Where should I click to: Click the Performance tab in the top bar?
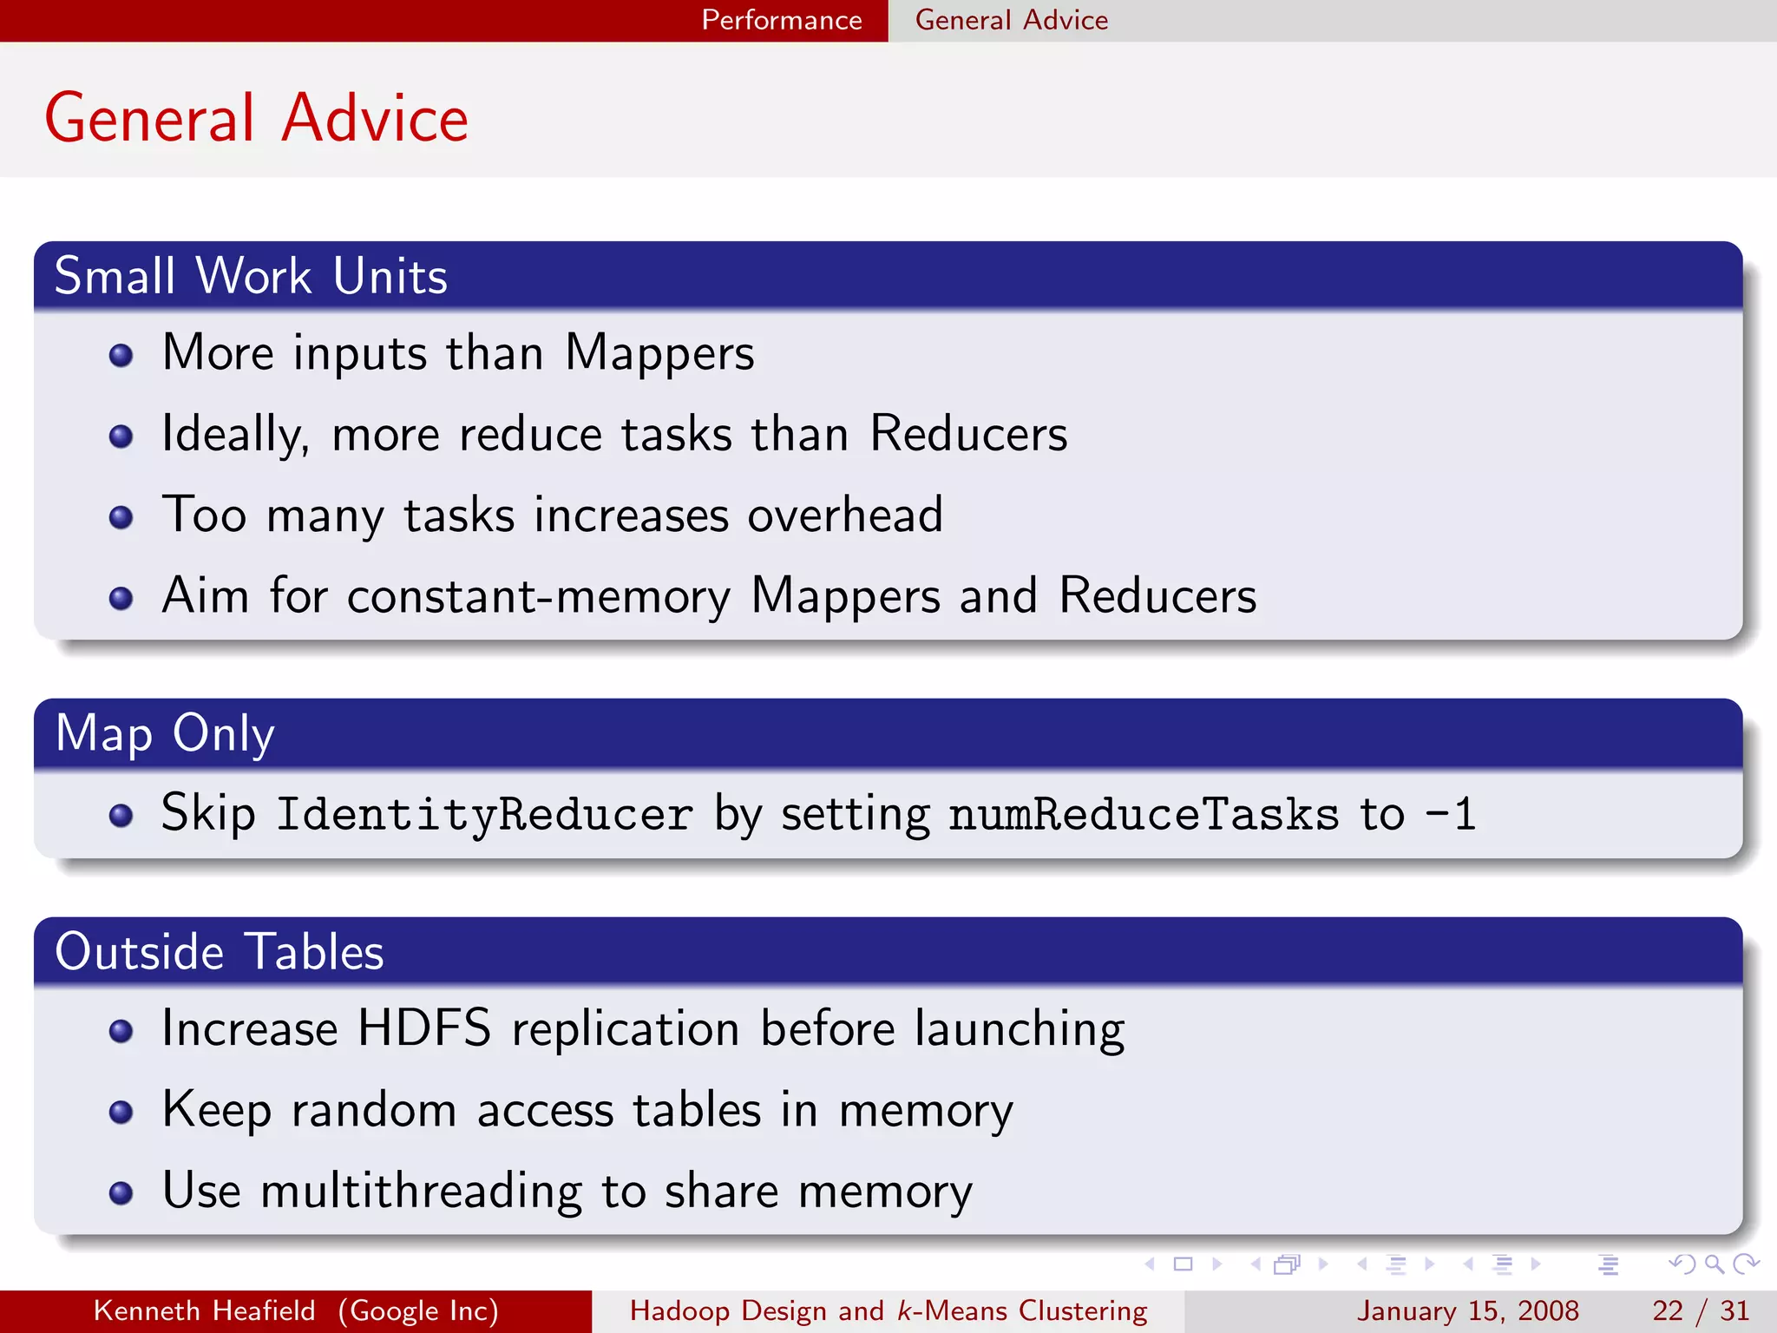tap(781, 20)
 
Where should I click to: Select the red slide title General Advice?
tap(256, 118)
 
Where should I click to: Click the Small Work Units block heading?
tap(251, 276)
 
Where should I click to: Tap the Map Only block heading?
tap(165, 733)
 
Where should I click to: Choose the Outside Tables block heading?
tap(219, 952)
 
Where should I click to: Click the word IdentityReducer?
tap(484, 814)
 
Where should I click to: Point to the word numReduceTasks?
tap(1144, 814)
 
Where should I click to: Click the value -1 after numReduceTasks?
tap(1450, 814)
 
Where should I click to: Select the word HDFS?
tap(423, 1028)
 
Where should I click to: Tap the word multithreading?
tap(421, 1191)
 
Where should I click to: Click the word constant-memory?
tap(538, 596)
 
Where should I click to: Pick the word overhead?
tap(845, 515)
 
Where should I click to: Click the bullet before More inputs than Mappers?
tap(121, 355)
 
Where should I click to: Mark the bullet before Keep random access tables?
tap(121, 1112)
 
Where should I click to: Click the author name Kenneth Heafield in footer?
tap(204, 1310)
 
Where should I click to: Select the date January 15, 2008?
tap(1467, 1310)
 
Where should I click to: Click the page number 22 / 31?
tap(1700, 1310)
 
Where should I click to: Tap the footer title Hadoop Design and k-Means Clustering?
tap(888, 1310)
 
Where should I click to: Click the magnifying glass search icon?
tap(1714, 1264)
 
